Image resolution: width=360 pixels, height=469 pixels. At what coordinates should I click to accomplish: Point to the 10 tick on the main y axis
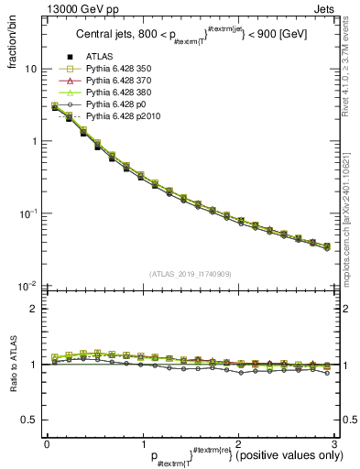pos(30,70)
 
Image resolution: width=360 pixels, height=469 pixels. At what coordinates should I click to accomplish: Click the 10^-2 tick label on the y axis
pos(27,285)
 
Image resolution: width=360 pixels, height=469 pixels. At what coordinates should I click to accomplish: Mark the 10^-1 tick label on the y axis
pos(27,213)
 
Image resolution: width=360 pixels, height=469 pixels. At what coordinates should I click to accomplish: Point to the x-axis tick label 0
pos(47,443)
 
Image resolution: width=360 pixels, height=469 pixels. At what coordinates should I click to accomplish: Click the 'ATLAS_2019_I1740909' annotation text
pos(190,275)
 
